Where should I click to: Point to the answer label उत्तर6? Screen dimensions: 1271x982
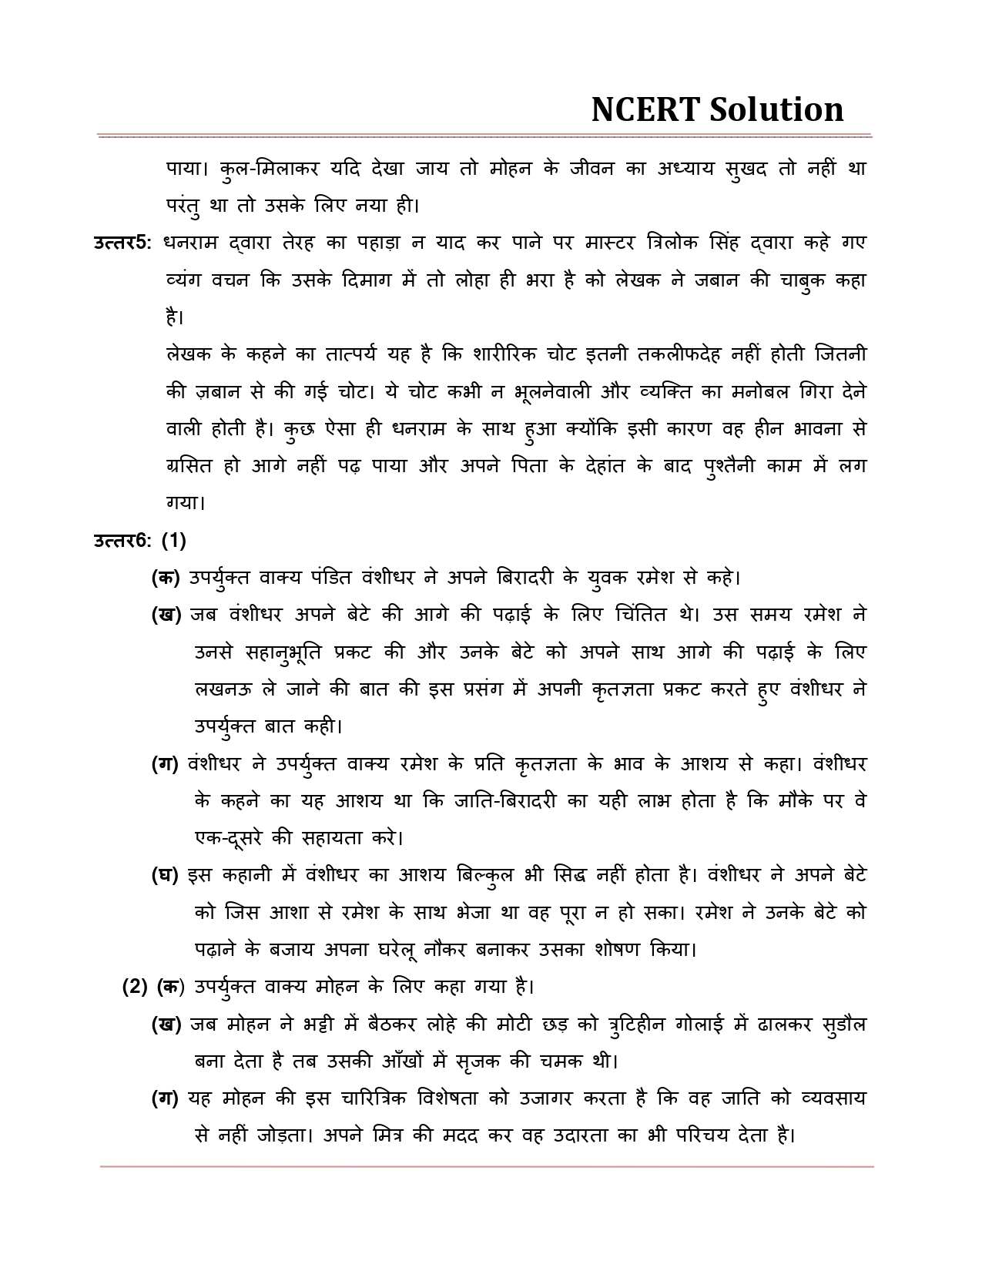point(122,541)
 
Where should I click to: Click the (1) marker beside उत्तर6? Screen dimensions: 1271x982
point(174,541)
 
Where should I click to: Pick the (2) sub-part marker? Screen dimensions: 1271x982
point(135,987)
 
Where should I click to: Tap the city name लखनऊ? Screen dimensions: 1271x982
point(223,689)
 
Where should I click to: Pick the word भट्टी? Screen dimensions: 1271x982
point(329,1025)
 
